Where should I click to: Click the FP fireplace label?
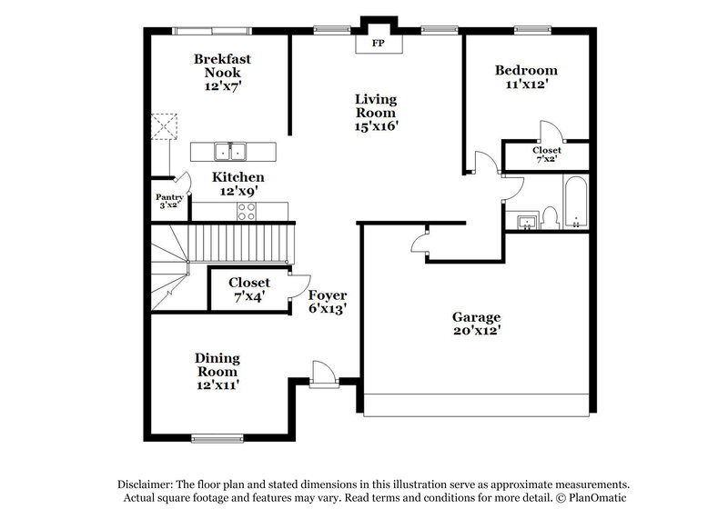(376, 43)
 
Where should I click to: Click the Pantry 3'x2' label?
(170, 201)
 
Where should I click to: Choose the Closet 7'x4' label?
(248, 289)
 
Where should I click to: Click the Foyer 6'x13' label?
(328, 302)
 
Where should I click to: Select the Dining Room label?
(217, 371)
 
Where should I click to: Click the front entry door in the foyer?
(323, 373)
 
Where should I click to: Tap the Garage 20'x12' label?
(476, 324)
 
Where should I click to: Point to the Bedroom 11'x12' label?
(526, 77)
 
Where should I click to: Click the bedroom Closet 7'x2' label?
(547, 155)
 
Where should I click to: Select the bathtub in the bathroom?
(576, 205)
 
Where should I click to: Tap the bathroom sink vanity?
(526, 220)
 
